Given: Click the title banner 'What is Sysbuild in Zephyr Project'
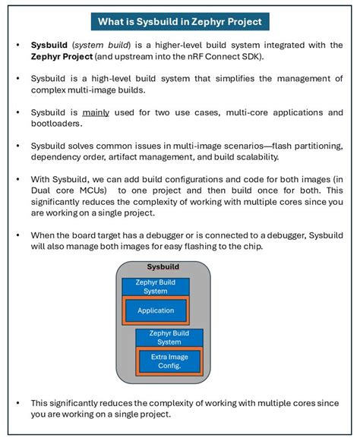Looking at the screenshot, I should tap(179, 20).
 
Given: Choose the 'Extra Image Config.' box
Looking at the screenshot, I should tap(169, 361).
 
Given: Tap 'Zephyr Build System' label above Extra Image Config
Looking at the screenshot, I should tap(169, 337).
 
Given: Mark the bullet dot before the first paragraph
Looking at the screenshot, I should tap(18, 45).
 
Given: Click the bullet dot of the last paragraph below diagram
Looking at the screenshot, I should tap(18, 402).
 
